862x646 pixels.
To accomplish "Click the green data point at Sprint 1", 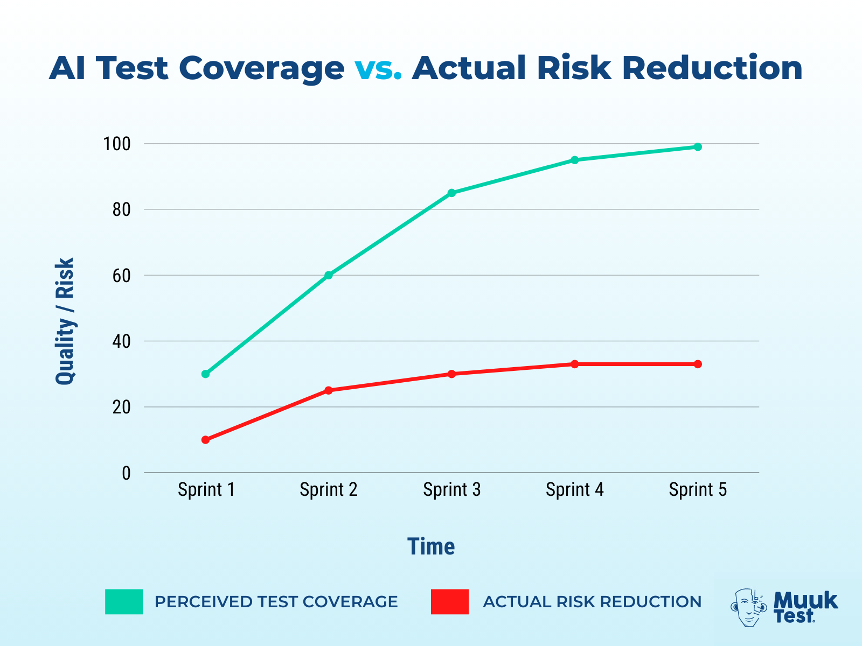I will (205, 374).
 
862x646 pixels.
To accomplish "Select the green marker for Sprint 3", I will (451, 193).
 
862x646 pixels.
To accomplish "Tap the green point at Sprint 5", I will (698, 147).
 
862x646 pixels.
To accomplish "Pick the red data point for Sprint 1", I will (205, 440).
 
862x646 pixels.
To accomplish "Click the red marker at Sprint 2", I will (329, 390).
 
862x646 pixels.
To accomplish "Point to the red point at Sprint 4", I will (575, 364).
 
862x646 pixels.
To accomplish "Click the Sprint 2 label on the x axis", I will (329, 490).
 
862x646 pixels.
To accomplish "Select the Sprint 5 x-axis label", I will (698, 490).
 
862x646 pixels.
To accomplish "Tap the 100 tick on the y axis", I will (117, 144).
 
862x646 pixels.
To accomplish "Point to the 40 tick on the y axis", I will (121, 341).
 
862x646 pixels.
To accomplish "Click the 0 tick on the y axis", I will (126, 473).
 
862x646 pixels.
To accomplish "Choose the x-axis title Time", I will (431, 546).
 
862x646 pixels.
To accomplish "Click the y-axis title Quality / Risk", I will (65, 321).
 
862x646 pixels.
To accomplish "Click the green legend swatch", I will (124, 601).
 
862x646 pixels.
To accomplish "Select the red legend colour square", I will (449, 601).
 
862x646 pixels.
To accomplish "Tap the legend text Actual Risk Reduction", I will (592, 601).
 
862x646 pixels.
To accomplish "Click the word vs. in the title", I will (378, 68).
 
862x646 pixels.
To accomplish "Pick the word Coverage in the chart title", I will (261, 68).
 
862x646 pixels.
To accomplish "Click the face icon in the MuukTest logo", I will (748, 607).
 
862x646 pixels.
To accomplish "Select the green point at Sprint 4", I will (575, 160).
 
